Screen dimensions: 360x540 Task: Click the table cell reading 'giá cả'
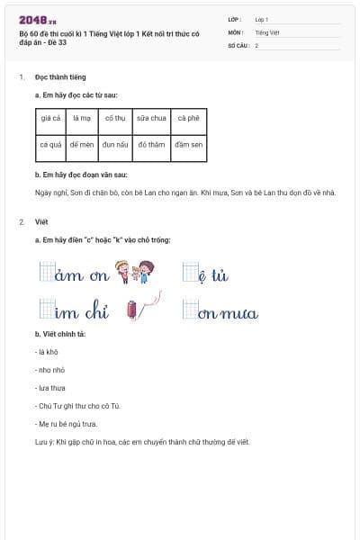pos(50,118)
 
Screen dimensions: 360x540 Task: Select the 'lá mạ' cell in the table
pos(83,118)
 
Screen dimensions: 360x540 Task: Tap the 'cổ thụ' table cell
pos(114,118)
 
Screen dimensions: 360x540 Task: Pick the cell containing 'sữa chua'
pos(149,118)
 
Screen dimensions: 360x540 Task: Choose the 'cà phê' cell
pos(188,118)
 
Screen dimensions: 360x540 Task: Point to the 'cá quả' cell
pos(50,144)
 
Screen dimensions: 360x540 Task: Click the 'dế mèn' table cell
pos(83,144)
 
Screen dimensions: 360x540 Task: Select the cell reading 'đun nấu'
pos(114,144)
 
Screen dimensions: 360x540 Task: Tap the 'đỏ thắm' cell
pos(149,144)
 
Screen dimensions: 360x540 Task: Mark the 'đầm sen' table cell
pos(188,144)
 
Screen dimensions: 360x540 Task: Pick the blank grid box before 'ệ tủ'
pos(189,271)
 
